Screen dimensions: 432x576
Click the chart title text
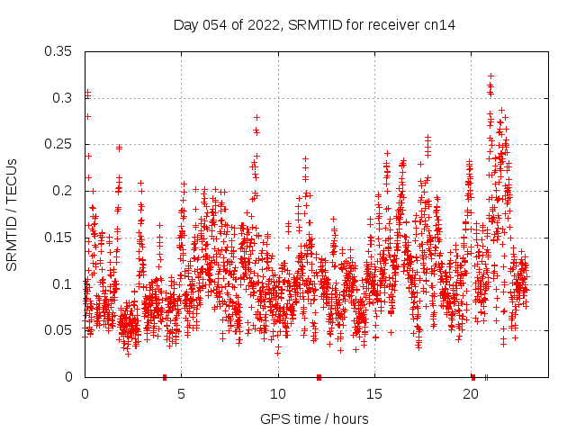314,25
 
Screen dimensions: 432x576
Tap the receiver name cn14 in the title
439,25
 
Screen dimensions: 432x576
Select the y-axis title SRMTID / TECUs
12,214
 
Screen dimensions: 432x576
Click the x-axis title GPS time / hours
314,418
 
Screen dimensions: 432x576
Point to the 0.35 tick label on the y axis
58,51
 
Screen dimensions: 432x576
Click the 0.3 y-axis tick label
62,98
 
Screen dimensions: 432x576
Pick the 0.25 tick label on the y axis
58,144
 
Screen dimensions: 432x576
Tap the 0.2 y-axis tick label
62,191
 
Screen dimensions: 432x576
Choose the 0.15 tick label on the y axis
58,238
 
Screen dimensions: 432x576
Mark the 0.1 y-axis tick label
62,284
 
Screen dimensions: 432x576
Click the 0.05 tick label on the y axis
58,330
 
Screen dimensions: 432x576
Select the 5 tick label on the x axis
181,394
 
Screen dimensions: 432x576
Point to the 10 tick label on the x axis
278,394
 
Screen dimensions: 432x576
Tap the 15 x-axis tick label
374,394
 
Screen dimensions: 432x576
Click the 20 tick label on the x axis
472,394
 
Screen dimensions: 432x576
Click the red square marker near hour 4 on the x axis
164,376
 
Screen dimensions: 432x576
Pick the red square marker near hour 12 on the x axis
319,376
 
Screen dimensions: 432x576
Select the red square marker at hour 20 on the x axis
472,376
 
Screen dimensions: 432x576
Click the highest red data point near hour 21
490,76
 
